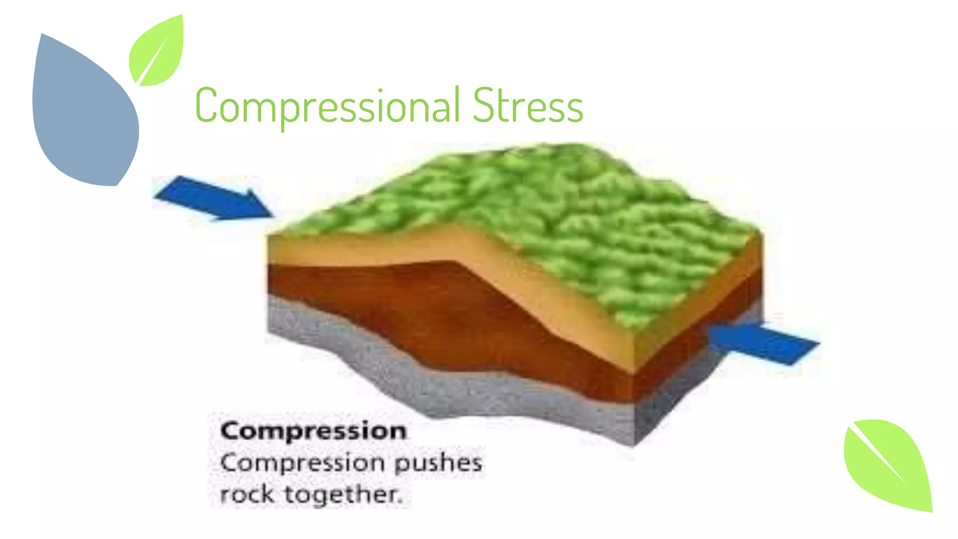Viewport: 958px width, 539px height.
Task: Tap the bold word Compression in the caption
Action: pos(313,430)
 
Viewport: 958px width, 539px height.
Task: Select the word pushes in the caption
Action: pos(438,463)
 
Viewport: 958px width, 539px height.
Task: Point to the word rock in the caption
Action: pos(247,494)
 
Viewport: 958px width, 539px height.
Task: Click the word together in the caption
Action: pos(341,495)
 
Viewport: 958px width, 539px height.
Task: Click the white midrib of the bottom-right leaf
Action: pos(879,456)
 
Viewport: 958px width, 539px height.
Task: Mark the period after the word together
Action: pos(400,502)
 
